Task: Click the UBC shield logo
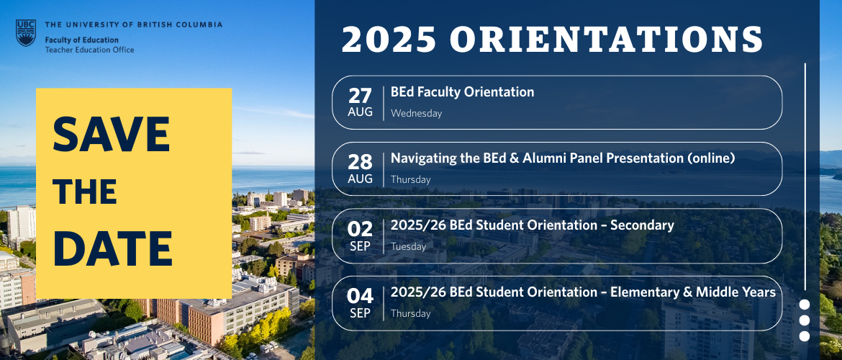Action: point(25,33)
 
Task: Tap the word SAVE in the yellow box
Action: point(111,135)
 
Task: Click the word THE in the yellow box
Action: point(85,192)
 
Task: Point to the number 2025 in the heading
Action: point(389,39)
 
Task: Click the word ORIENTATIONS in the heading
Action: point(606,39)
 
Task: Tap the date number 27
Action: point(360,96)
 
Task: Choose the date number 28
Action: point(360,162)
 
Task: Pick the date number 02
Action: point(360,230)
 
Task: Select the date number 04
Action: point(360,296)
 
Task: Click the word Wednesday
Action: point(416,113)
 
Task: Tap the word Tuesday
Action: point(409,247)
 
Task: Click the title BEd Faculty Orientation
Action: point(462,92)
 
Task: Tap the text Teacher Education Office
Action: point(90,50)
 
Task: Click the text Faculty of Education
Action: point(81,40)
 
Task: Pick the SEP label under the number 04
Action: point(360,312)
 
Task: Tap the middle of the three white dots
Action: point(805,320)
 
